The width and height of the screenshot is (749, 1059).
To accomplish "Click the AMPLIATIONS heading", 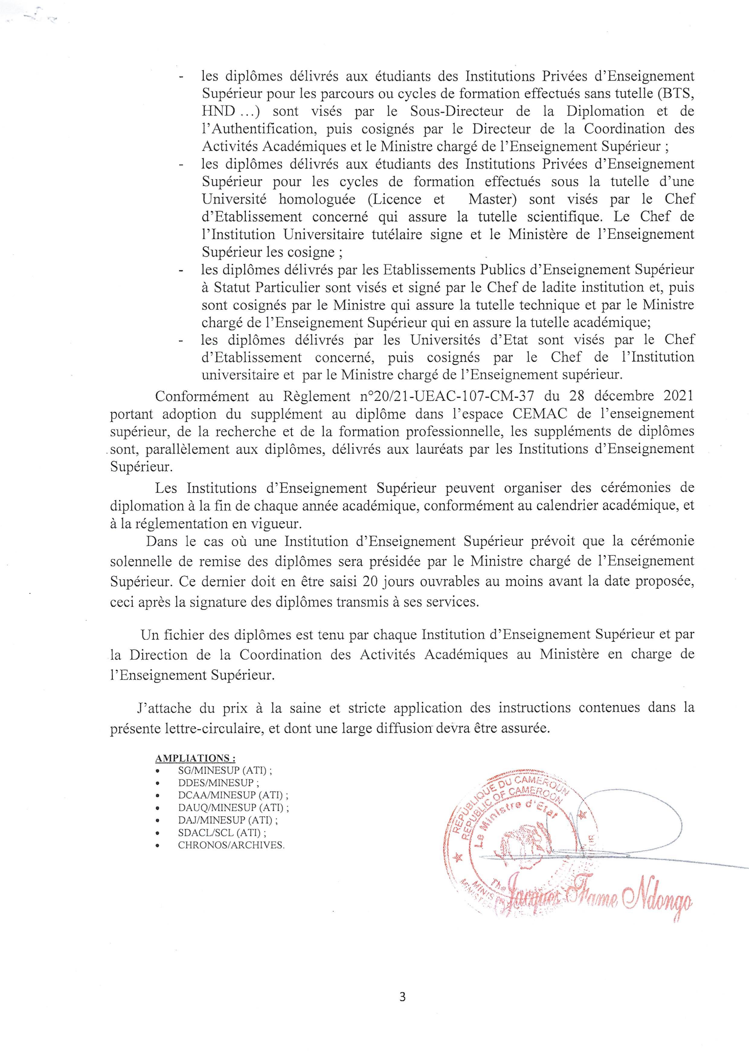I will (x=196, y=758).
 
